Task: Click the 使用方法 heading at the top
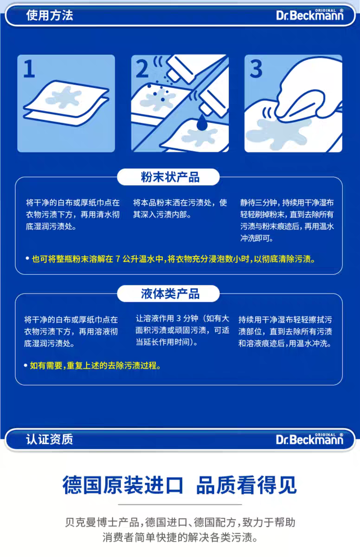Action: (50, 15)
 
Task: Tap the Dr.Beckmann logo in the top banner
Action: (310, 15)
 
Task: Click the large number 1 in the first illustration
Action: (29, 70)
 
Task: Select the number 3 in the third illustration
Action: (257, 69)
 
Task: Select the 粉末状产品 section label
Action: (170, 177)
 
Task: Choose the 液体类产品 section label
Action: (170, 294)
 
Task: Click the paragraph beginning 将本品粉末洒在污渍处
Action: (180, 209)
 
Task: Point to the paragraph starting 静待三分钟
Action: (287, 220)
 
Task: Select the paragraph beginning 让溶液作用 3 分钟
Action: (182, 330)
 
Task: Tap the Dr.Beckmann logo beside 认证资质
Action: (310, 439)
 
